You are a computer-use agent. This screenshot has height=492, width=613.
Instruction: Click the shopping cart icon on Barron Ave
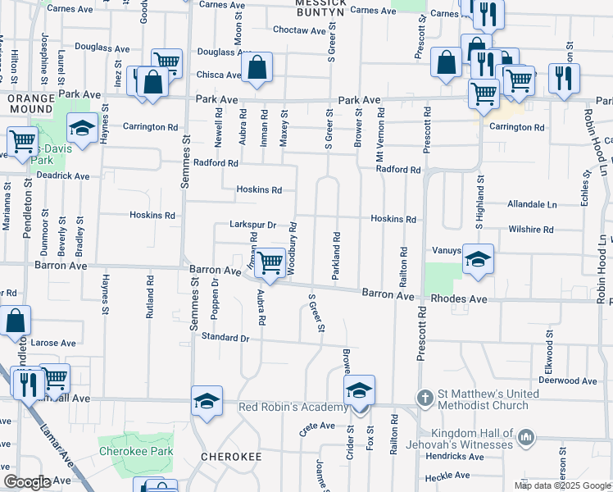270,263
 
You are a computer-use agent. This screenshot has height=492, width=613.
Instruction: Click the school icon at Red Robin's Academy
359,390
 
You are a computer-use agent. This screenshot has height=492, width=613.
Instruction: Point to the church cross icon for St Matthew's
425,398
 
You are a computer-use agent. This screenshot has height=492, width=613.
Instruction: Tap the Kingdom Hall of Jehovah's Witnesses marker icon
525,438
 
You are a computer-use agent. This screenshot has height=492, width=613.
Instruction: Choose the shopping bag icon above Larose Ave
16,321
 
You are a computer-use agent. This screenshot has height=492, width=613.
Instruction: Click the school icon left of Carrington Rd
82,127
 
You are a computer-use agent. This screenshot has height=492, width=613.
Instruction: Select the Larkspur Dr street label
252,225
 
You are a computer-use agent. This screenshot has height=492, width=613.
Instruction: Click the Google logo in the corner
27,482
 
